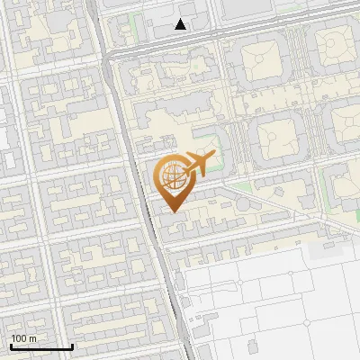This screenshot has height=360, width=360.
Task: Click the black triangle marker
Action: pyautogui.click(x=181, y=24)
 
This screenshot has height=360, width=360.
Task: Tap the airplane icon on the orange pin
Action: pyautogui.click(x=200, y=164)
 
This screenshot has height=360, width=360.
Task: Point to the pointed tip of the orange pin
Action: pyautogui.click(x=174, y=211)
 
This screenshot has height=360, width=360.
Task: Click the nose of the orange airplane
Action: pyautogui.click(x=214, y=157)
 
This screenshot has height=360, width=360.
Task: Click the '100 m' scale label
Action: pyautogui.click(x=23, y=338)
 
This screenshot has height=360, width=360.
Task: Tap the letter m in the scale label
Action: pyautogui.click(x=33, y=338)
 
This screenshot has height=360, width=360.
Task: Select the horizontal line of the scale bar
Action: pyautogui.click(x=41, y=347)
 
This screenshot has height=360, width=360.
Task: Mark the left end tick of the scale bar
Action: pyautogui.click(x=11, y=346)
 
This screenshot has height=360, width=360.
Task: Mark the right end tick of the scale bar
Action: pyautogui.click(x=72, y=346)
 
